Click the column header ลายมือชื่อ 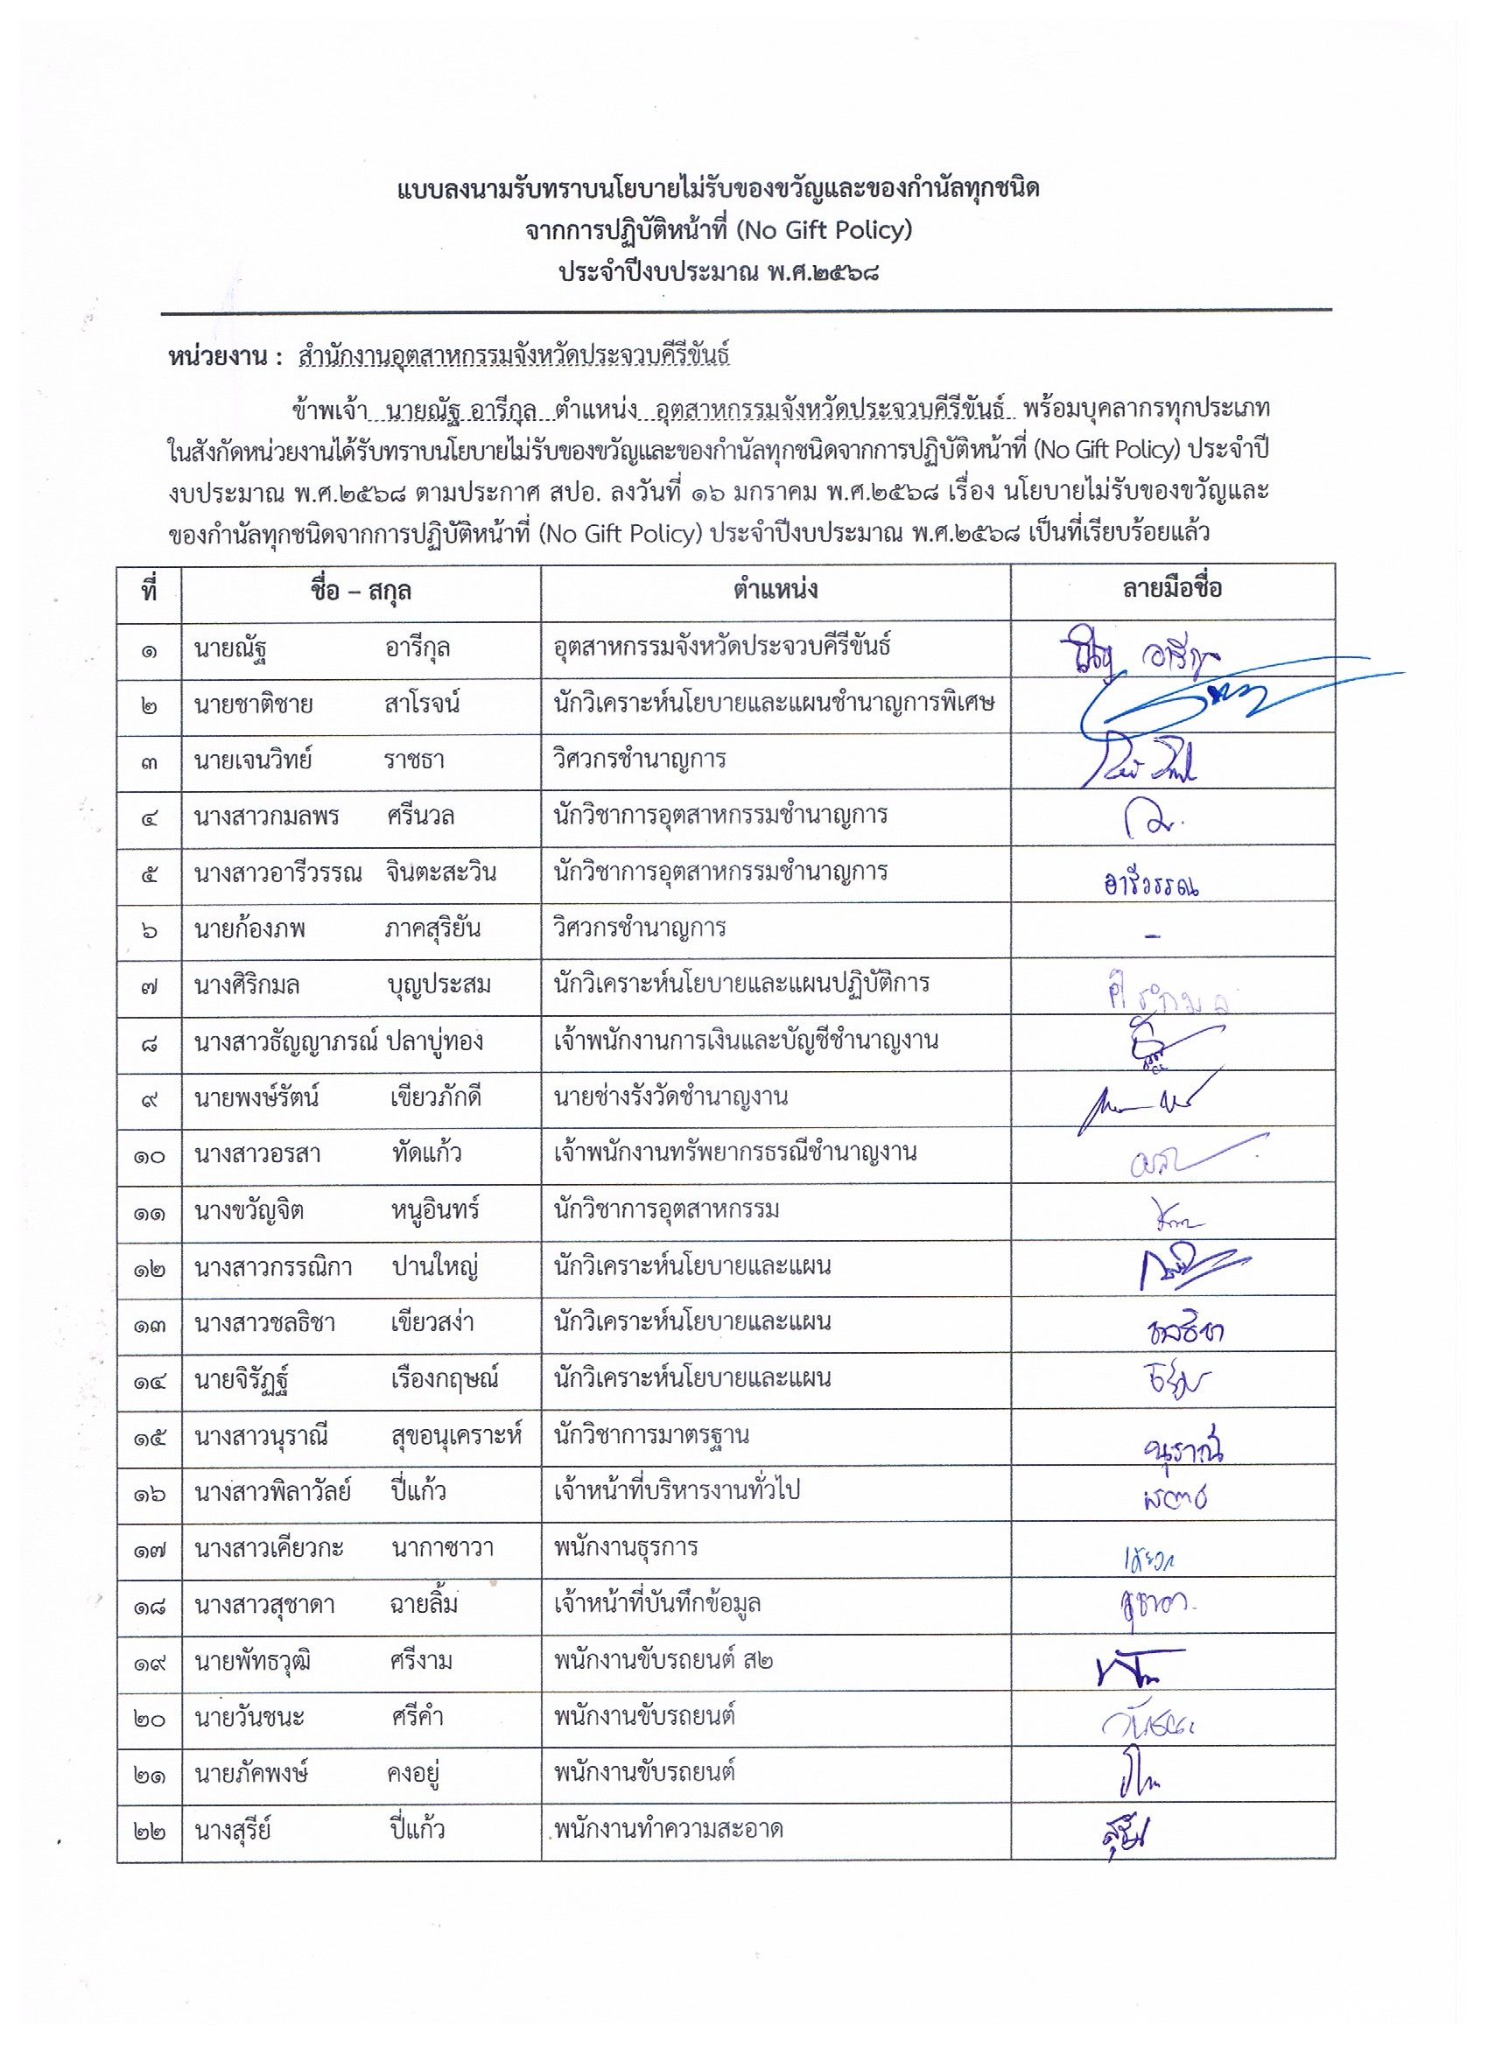pos(1171,590)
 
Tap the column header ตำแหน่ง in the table pos(776,590)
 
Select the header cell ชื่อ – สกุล pos(360,592)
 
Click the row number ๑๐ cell pos(149,1156)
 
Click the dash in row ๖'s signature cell pos(1152,935)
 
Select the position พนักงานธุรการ pos(625,1548)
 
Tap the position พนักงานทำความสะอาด pos(668,1830)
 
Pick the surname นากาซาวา pos(442,1549)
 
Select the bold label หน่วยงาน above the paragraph pos(218,357)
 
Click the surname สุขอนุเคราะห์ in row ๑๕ pos(456,1436)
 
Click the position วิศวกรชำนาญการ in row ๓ pos(639,760)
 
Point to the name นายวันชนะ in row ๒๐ pos(249,1718)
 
